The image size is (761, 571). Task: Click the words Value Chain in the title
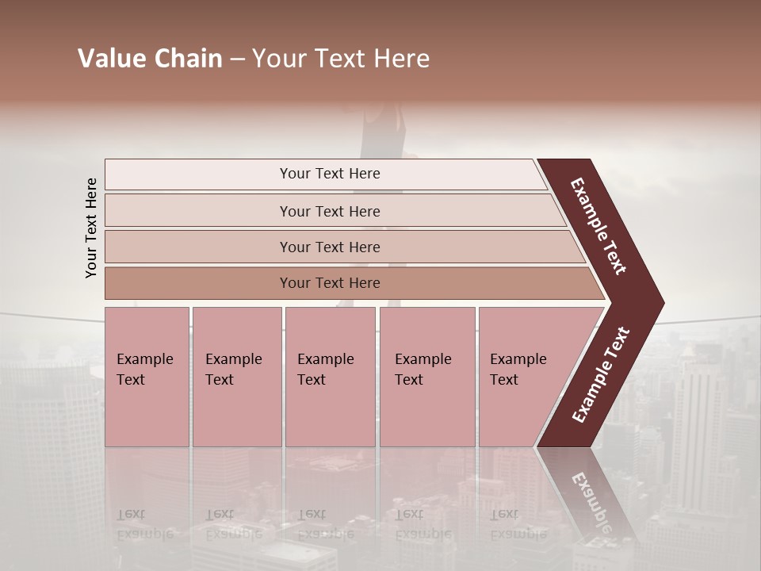[x=150, y=59]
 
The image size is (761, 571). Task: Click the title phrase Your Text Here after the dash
[x=341, y=59]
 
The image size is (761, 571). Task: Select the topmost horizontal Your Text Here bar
[x=329, y=174]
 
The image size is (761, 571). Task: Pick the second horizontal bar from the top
[x=329, y=211]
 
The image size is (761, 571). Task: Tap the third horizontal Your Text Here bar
[x=329, y=247]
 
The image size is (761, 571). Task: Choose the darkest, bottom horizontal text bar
[x=329, y=283]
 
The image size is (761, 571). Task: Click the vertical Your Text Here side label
[x=91, y=228]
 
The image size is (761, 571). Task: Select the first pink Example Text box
[x=147, y=377]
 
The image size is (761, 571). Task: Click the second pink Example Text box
[x=236, y=377]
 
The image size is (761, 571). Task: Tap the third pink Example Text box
[x=329, y=377]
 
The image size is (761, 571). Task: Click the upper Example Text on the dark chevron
[x=598, y=226]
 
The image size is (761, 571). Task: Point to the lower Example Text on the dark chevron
[x=600, y=375]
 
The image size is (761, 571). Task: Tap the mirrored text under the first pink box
[x=145, y=523]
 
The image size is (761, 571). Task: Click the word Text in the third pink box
[x=312, y=380]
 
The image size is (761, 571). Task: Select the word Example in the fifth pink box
[x=518, y=359]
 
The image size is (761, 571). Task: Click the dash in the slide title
[x=237, y=59]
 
